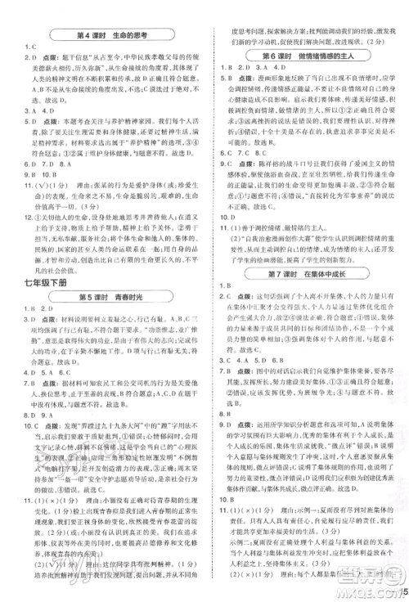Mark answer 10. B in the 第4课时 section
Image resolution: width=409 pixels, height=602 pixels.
pyautogui.click(x=60, y=173)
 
